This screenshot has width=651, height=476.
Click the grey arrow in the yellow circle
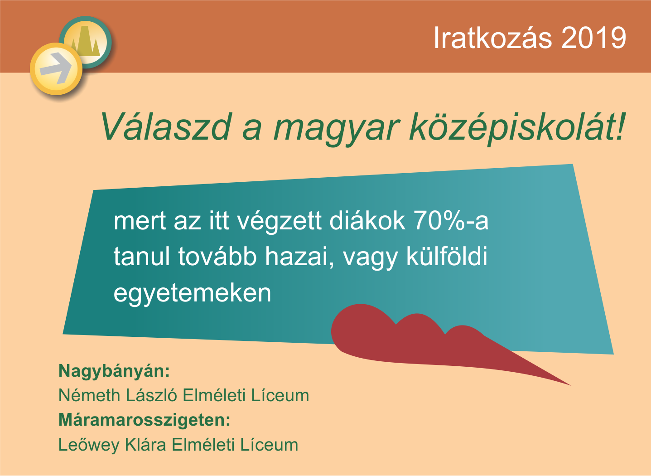click(x=56, y=68)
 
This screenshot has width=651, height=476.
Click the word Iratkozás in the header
click(x=492, y=38)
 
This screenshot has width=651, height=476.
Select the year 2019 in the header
click(x=594, y=38)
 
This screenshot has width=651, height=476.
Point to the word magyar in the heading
click(x=336, y=130)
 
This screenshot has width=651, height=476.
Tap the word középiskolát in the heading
click(x=517, y=128)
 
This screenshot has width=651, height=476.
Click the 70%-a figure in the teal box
click(x=451, y=221)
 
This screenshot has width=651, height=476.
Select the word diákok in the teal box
click(x=367, y=220)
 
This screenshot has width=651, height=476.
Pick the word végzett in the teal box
click(x=279, y=222)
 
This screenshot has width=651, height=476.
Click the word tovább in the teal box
click(x=217, y=256)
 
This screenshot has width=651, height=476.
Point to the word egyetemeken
click(x=192, y=294)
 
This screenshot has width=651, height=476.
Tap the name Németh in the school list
click(x=89, y=395)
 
